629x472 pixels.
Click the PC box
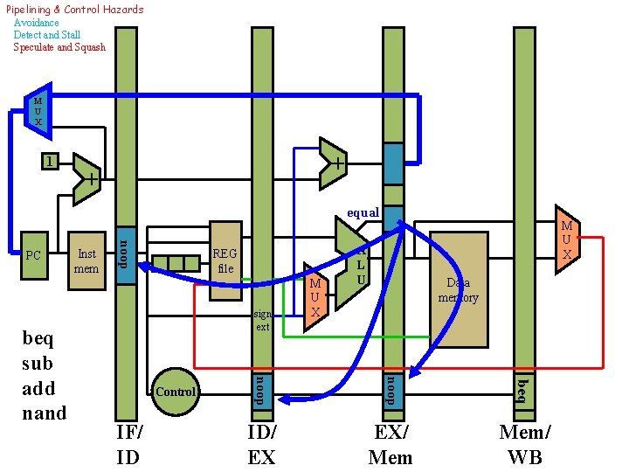click(x=34, y=256)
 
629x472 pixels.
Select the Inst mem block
click(x=86, y=260)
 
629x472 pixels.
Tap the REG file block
click(x=225, y=260)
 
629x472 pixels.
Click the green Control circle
click(x=175, y=392)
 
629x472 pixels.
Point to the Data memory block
click(x=459, y=289)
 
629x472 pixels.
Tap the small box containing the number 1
click(x=50, y=163)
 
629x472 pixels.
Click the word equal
click(x=363, y=212)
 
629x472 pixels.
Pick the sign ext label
click(x=263, y=320)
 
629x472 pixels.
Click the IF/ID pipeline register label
click(x=129, y=443)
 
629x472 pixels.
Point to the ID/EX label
click(x=261, y=443)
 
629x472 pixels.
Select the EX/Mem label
click(x=391, y=443)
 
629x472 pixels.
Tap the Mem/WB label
click(x=525, y=443)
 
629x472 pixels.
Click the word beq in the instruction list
click(x=38, y=339)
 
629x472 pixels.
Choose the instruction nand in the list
click(x=44, y=413)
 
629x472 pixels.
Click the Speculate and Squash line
click(x=59, y=47)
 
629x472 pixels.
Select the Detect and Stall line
click(x=47, y=35)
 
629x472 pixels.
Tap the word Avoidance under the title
click(x=37, y=23)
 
